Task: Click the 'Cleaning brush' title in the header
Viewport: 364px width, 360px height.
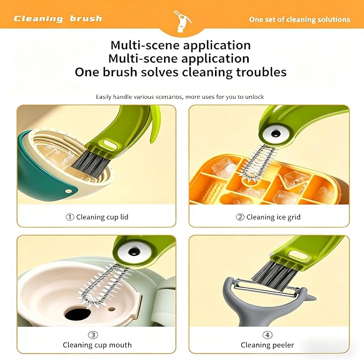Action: [x=58, y=19]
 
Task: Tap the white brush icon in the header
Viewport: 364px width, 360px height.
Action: [x=182, y=21]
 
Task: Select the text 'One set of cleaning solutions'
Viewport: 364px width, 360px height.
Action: [x=300, y=19]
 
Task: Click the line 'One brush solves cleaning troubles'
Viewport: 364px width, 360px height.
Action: [x=181, y=72]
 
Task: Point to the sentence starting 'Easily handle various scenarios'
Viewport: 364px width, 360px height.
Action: [x=180, y=97]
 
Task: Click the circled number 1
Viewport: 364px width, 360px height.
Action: [x=70, y=217]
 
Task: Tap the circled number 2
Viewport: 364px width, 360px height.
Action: [x=240, y=217]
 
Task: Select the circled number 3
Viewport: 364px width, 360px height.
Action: [x=93, y=335]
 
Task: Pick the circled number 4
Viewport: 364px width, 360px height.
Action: [x=268, y=335]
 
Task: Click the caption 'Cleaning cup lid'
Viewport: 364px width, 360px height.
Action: [x=102, y=217]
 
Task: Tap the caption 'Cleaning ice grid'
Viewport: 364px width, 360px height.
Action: [x=273, y=217]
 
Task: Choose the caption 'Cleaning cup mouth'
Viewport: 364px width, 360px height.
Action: [x=97, y=345]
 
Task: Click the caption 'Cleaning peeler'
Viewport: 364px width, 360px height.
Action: [x=268, y=345]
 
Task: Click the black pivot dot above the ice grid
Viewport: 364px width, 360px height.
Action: [x=276, y=134]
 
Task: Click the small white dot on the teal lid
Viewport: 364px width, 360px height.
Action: [x=69, y=192]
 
